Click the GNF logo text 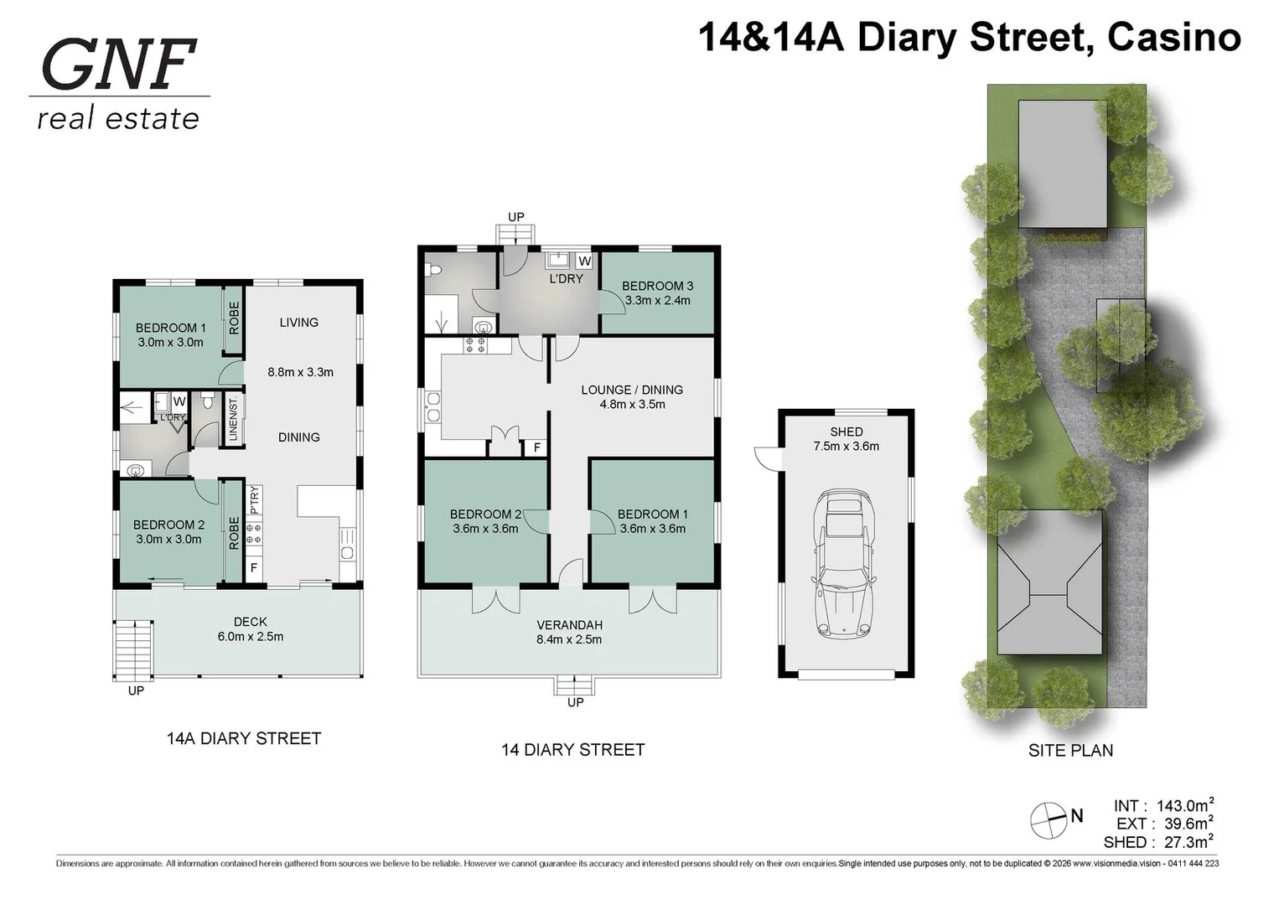click(x=118, y=65)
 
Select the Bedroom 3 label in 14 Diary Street click(x=657, y=286)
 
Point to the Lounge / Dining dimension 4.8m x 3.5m click(x=632, y=405)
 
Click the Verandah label click(x=569, y=625)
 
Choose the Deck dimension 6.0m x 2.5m click(x=250, y=637)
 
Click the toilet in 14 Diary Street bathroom click(x=432, y=270)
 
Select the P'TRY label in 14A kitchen click(x=255, y=500)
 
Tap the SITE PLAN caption click(x=1070, y=751)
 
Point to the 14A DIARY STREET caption click(x=244, y=738)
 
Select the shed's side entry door click(x=767, y=458)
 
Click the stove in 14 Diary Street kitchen click(x=475, y=345)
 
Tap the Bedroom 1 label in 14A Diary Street click(x=170, y=328)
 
